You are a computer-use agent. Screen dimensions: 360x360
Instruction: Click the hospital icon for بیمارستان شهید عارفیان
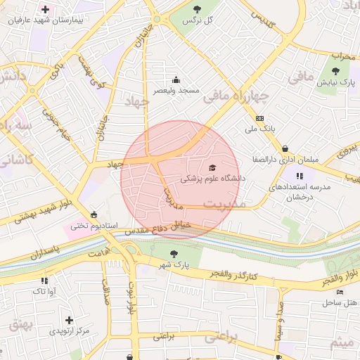click(46, 10)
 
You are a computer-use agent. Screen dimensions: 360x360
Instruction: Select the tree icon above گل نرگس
click(197, 9)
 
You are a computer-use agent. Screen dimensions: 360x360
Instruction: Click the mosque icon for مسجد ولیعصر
click(176, 79)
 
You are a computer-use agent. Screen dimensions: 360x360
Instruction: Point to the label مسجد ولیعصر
click(177, 91)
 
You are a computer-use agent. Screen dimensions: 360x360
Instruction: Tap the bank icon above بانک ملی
click(260, 118)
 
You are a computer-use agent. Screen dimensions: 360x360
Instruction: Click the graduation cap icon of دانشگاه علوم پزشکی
click(212, 167)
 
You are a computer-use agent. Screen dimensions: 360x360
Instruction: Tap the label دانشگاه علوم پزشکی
click(213, 179)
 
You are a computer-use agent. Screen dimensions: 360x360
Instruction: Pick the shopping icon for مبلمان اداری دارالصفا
click(285, 148)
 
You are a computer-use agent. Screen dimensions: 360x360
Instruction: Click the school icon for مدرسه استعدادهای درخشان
click(300, 176)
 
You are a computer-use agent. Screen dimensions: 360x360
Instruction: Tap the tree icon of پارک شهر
click(174, 253)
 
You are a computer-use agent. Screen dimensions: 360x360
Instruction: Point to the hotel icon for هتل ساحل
click(340, 292)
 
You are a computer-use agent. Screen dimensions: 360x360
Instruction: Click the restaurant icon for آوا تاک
click(45, 280)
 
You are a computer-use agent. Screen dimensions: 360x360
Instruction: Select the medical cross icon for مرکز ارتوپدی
click(69, 320)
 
